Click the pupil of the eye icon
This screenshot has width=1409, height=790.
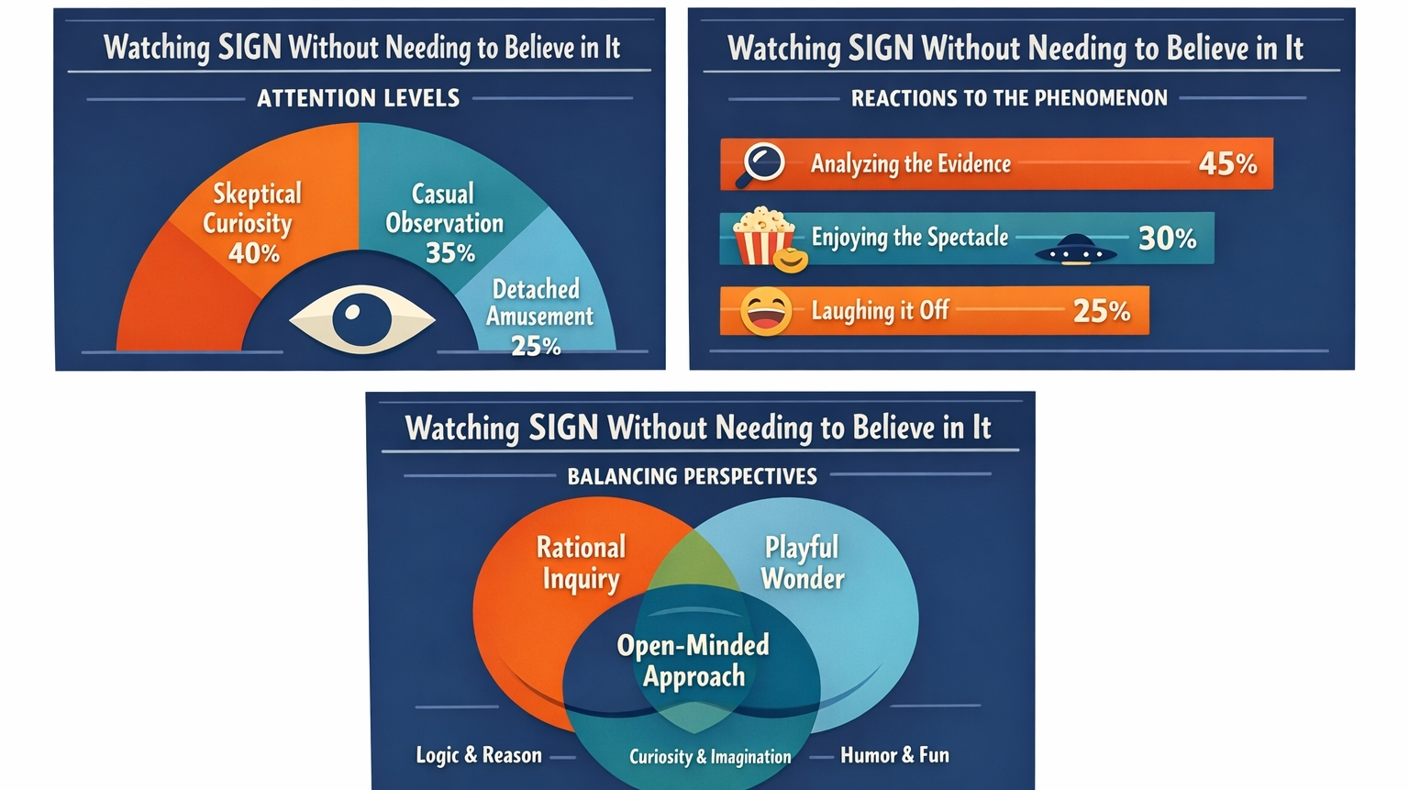361,317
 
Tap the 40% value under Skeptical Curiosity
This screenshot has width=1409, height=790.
253,252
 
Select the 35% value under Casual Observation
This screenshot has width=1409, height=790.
449,252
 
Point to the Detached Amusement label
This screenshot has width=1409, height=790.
538,303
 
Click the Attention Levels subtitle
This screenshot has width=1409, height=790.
358,98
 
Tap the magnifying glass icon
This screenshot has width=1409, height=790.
761,163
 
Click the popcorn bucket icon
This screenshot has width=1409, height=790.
762,237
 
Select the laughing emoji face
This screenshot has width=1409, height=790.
765,311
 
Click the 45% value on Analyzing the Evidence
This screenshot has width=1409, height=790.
1227,163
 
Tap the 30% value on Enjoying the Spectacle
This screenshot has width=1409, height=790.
1167,239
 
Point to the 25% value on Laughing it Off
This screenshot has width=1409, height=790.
1101,311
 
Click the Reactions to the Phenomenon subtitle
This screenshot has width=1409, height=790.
1009,98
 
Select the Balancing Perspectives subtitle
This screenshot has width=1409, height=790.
692,476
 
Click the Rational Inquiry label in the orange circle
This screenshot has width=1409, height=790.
581,562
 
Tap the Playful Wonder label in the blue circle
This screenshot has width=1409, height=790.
803,562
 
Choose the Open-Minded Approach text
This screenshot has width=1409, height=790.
693,661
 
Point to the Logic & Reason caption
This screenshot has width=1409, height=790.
479,755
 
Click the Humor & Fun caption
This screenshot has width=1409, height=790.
894,755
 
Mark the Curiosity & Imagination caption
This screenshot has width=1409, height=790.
710,757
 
